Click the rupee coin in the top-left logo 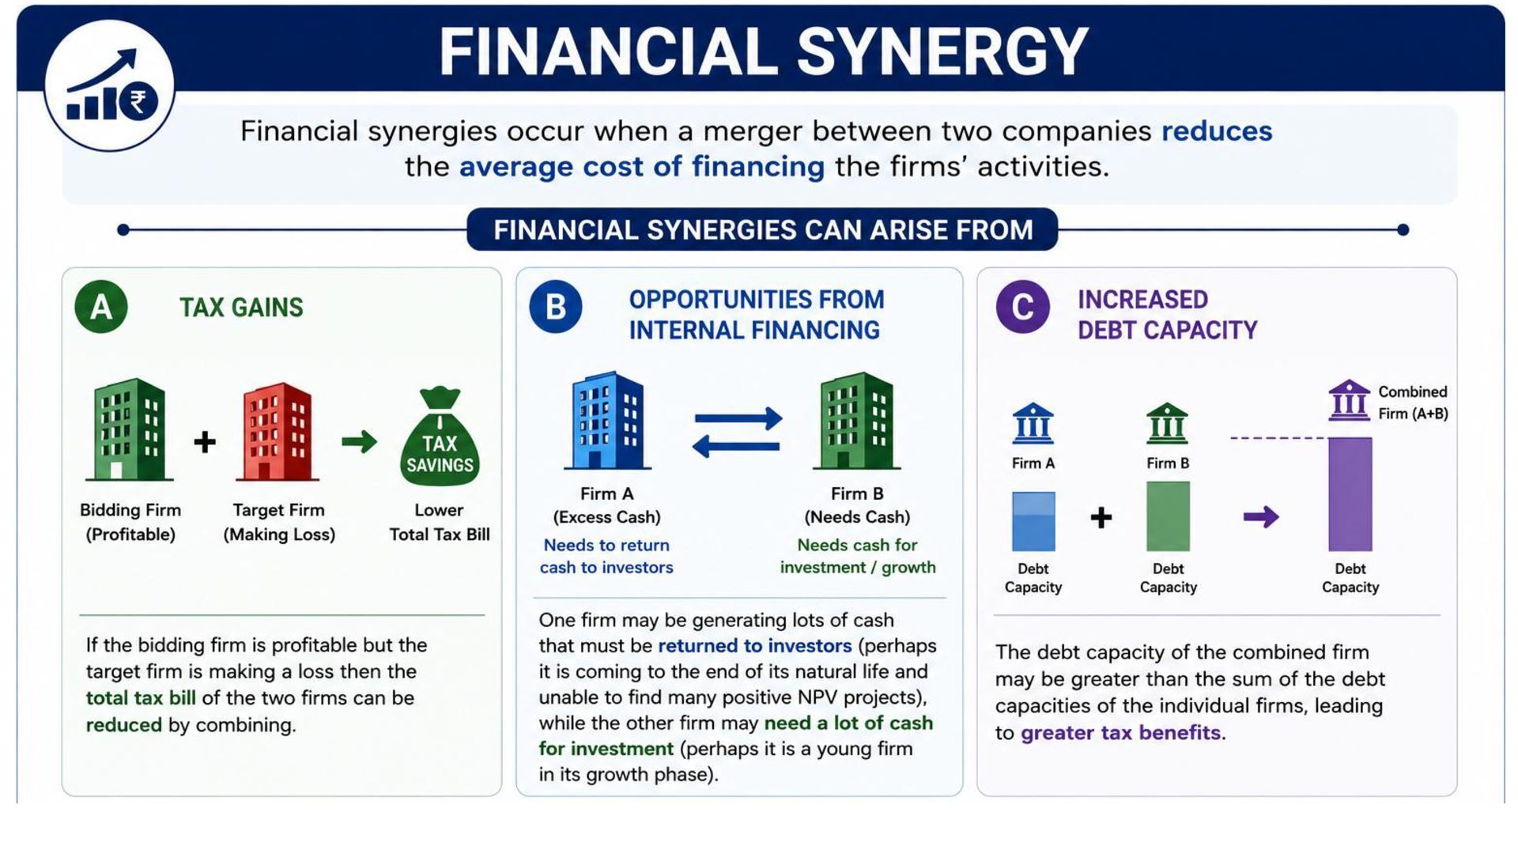pos(138,102)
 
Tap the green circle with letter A pos(101,307)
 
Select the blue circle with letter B pos(556,307)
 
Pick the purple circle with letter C pos(1022,307)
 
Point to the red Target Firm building pos(278,432)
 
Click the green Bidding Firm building pos(130,429)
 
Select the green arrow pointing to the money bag pos(360,441)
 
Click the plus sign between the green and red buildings pos(205,441)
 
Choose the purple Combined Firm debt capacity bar pos(1350,494)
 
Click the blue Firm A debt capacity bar pos(1033,521)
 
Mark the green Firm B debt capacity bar pos(1168,516)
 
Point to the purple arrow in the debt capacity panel pos(1261,517)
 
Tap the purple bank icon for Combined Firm pos(1349,400)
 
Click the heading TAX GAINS pos(241,308)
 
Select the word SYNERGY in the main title pos(942,51)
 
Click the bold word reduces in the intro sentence pos(1217,130)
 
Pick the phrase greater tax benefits pos(1121,733)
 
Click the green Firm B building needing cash pos(857,421)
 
